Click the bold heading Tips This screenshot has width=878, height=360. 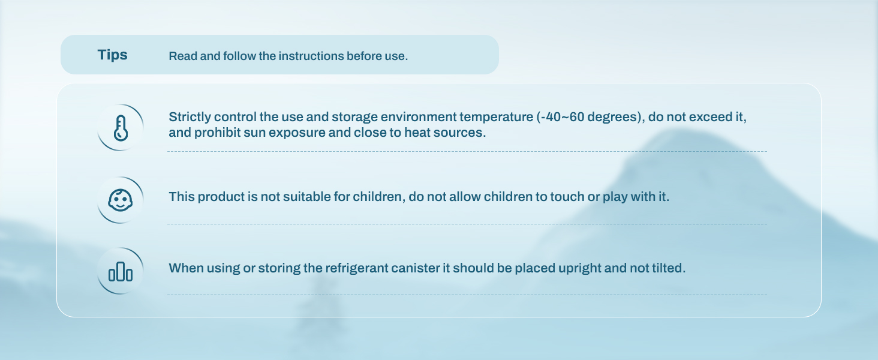coord(113,55)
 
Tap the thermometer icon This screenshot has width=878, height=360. coord(121,128)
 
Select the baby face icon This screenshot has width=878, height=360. coord(121,200)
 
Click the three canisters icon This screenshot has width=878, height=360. coord(121,271)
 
